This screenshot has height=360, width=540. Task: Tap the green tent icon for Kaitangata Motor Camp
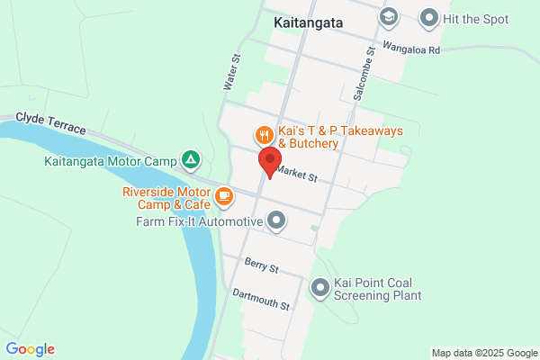[x=191, y=161]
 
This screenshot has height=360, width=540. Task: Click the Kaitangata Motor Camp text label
[x=111, y=162]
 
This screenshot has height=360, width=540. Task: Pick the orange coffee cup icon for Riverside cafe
[x=223, y=194]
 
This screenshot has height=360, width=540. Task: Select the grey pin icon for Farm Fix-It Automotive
[x=276, y=220]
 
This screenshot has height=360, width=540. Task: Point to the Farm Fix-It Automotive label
[x=199, y=220]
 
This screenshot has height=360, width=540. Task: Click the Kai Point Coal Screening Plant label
[x=377, y=288]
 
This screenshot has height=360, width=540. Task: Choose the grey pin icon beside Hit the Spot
[x=428, y=17]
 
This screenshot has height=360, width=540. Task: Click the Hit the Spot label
[x=476, y=18]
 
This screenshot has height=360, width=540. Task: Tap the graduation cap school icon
[x=388, y=16]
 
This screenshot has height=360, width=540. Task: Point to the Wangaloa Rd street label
[x=409, y=50]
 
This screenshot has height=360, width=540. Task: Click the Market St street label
[x=298, y=173]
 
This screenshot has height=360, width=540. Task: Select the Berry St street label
[x=262, y=265]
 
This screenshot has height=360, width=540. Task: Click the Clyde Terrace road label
[x=51, y=124]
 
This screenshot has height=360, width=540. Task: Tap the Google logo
[x=30, y=349]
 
